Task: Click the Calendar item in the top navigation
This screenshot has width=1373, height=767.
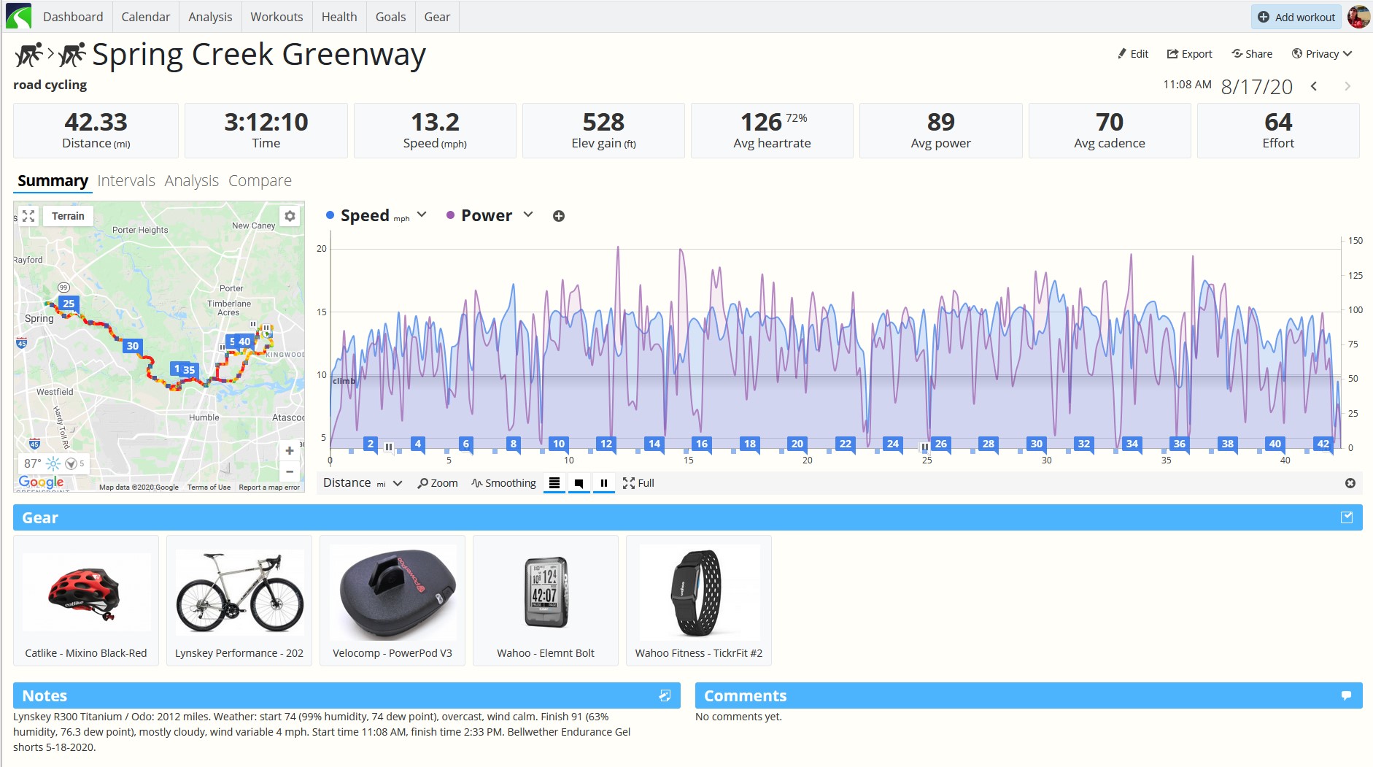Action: [x=145, y=17]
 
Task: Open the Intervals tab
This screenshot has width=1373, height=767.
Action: [x=126, y=180]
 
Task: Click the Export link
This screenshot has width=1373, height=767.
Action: [x=1189, y=54]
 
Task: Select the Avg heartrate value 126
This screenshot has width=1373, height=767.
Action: [x=761, y=122]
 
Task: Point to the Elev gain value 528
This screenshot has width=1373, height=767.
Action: [x=603, y=122]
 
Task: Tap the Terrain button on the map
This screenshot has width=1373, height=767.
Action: [x=68, y=216]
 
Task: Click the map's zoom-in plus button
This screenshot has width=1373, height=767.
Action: [x=290, y=451]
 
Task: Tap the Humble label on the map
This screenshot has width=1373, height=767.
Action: [x=204, y=417]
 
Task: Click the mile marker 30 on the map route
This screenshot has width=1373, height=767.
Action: [x=132, y=346]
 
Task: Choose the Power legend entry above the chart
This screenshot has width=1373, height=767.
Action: [x=487, y=215]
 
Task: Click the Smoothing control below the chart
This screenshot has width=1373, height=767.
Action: [x=503, y=483]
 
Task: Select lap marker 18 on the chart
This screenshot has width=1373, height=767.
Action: [x=749, y=444]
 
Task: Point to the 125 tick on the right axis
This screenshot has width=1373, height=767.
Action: [x=1355, y=275]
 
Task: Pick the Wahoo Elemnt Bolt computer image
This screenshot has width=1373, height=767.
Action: [x=546, y=592]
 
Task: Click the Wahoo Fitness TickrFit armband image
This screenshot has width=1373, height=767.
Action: [x=697, y=593]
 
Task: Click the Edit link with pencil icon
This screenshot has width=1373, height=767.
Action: [x=1133, y=54]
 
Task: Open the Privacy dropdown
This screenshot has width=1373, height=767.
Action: [x=1322, y=54]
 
